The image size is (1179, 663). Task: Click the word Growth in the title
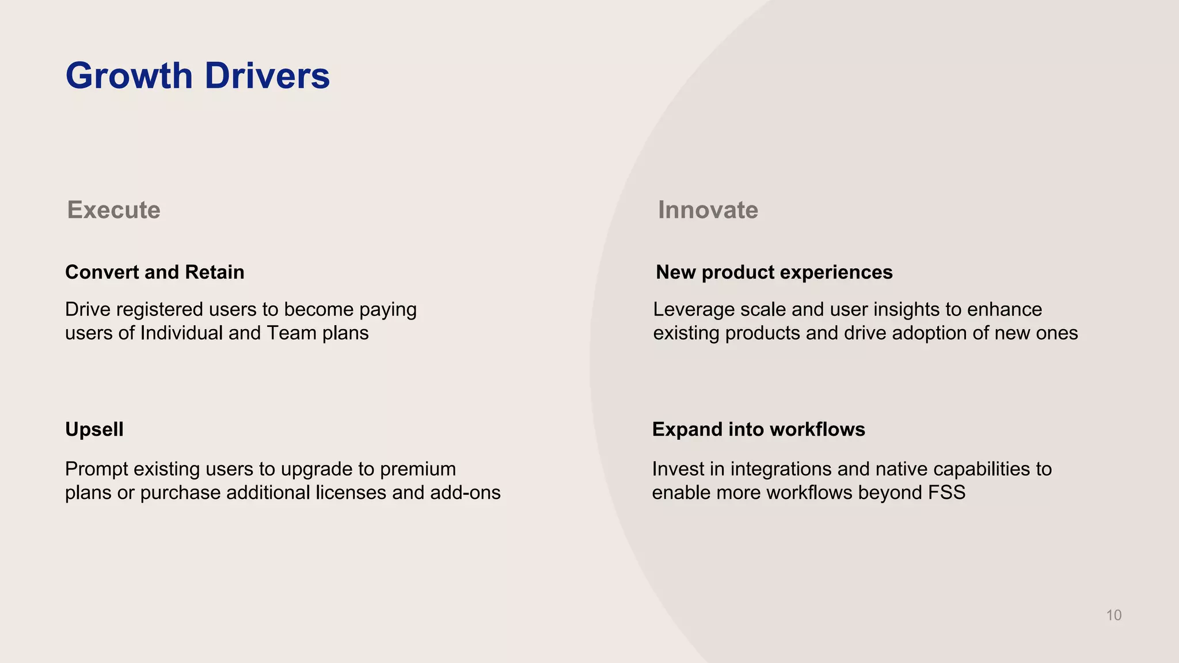click(129, 75)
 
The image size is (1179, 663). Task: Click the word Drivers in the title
click(267, 75)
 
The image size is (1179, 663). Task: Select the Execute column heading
click(113, 209)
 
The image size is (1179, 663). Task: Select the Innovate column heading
click(708, 209)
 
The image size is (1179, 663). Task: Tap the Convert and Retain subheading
click(154, 272)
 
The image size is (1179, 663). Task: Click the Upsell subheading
click(94, 429)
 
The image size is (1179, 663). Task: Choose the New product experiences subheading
click(774, 272)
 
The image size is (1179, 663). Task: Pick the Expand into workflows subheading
click(758, 429)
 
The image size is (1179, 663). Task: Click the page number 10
click(1113, 615)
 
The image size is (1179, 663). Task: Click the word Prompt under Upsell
click(96, 469)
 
